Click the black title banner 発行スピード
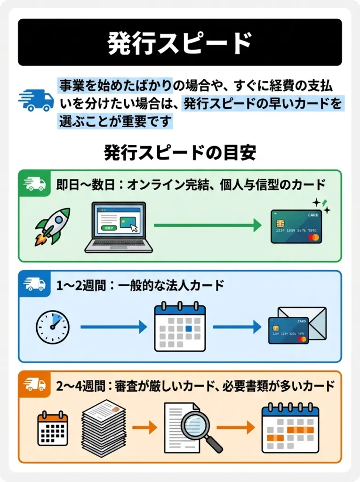[x=180, y=42]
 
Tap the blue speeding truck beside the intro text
[x=36, y=100]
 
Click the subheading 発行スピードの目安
[x=180, y=153]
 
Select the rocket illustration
[x=52, y=226]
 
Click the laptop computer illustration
[x=119, y=227]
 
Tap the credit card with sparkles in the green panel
[x=296, y=226]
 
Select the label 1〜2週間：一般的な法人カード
[x=141, y=285]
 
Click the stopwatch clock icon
[x=53, y=327]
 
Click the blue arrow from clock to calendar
[x=113, y=327]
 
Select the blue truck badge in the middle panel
[x=35, y=284]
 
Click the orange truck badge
[x=35, y=384]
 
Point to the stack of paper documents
[x=104, y=427]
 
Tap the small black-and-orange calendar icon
[x=53, y=428]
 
